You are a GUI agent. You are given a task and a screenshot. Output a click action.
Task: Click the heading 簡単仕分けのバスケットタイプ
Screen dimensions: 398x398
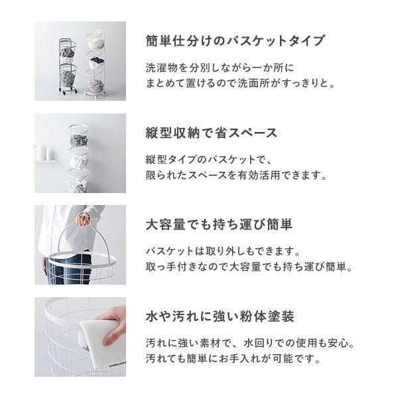235,40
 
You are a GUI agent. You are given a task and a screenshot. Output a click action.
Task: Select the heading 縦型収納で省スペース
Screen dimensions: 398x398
212,133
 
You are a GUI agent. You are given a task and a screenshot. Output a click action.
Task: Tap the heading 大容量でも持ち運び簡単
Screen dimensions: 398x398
219,224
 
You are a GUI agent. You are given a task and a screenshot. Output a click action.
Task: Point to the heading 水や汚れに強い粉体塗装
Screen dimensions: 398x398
220,316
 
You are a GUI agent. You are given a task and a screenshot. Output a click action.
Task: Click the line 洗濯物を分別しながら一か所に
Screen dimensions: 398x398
220,68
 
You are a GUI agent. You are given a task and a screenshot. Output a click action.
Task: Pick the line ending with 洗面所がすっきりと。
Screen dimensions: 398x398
240,84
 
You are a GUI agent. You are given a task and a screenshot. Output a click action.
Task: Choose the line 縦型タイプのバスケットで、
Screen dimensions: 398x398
209,160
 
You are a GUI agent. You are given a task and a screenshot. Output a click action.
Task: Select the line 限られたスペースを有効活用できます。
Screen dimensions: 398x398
236,175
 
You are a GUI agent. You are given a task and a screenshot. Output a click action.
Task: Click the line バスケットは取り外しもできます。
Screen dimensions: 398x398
224,251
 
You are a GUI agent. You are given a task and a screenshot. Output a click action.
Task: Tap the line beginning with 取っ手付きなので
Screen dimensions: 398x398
249,267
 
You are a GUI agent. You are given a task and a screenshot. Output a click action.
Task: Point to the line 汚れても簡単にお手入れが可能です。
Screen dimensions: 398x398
233,359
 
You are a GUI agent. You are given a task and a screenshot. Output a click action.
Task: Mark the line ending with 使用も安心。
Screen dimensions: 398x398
250,343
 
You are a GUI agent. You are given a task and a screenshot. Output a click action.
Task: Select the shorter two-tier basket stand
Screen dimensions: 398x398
68,66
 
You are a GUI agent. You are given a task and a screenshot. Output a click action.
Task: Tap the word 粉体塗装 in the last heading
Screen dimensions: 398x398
267,316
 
